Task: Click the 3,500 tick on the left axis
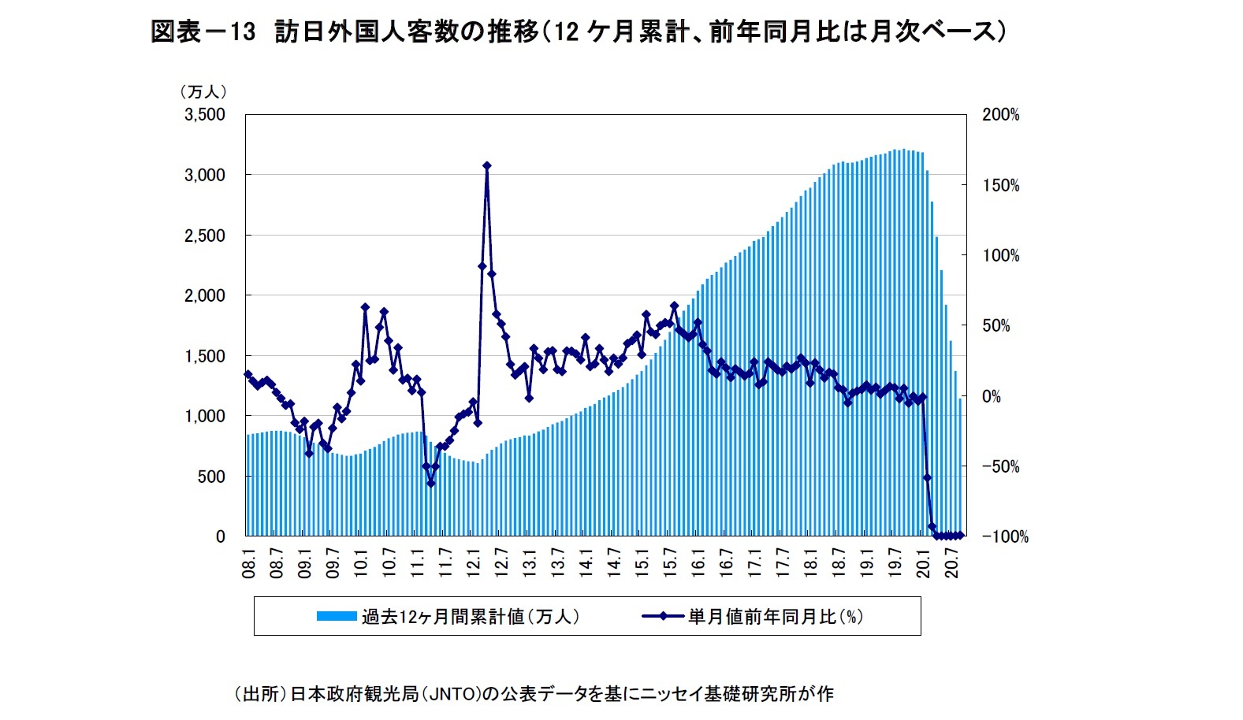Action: click(204, 115)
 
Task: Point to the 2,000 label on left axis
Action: click(204, 295)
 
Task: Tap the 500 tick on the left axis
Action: click(210, 477)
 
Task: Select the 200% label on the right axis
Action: click(1000, 115)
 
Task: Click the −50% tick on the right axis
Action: click(1000, 467)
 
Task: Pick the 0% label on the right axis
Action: click(991, 397)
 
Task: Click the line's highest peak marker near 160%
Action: click(487, 165)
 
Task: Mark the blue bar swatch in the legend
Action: click(337, 616)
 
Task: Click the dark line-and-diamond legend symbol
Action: click(662, 616)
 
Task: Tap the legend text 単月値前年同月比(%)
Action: click(776, 616)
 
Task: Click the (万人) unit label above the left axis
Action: click(203, 92)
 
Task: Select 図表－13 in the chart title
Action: click(203, 32)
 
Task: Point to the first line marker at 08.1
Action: click(248, 374)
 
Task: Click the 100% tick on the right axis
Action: click(1000, 256)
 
